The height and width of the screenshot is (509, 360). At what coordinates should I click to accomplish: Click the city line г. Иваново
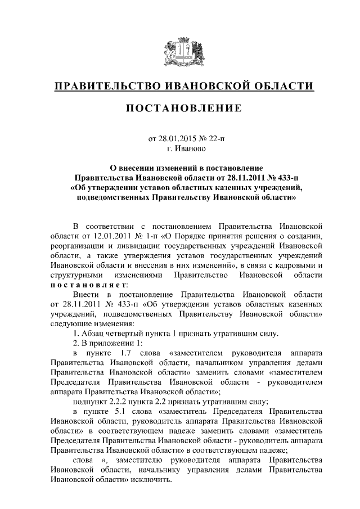(180, 148)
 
